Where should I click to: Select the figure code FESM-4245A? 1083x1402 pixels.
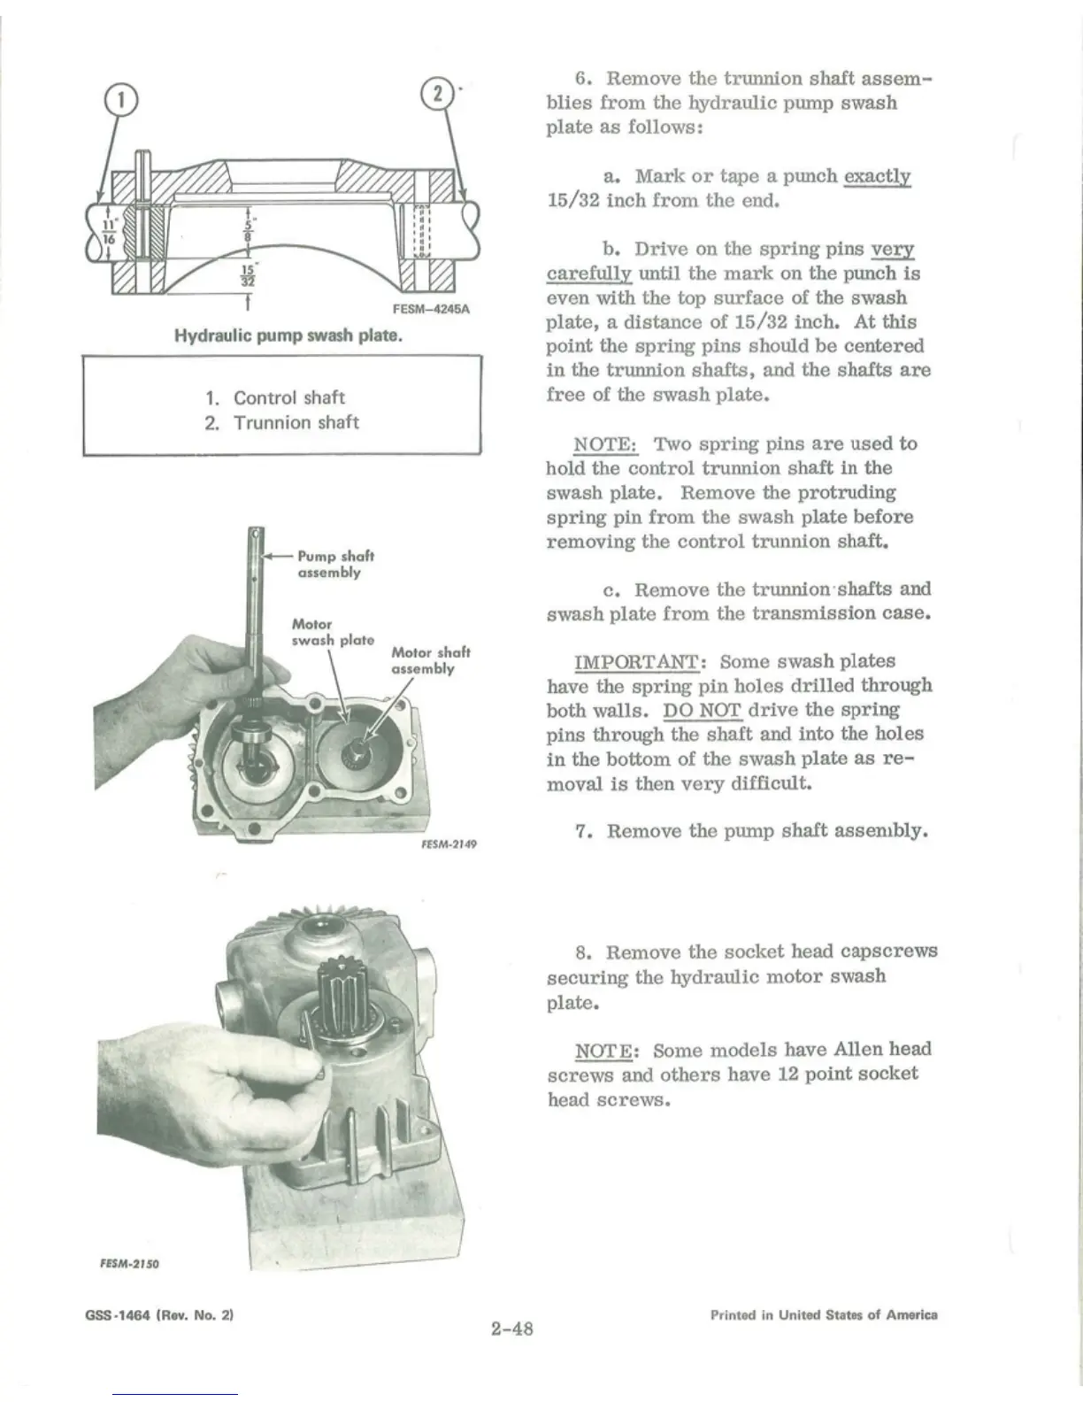pos(431,310)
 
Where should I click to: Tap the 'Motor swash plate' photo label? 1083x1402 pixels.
pos(332,632)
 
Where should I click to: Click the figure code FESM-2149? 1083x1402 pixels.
pos(449,844)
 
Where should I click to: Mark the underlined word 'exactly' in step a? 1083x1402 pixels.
pos(877,176)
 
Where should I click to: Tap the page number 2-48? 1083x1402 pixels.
pos(511,1328)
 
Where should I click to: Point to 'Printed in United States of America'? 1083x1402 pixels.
pos(823,1315)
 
